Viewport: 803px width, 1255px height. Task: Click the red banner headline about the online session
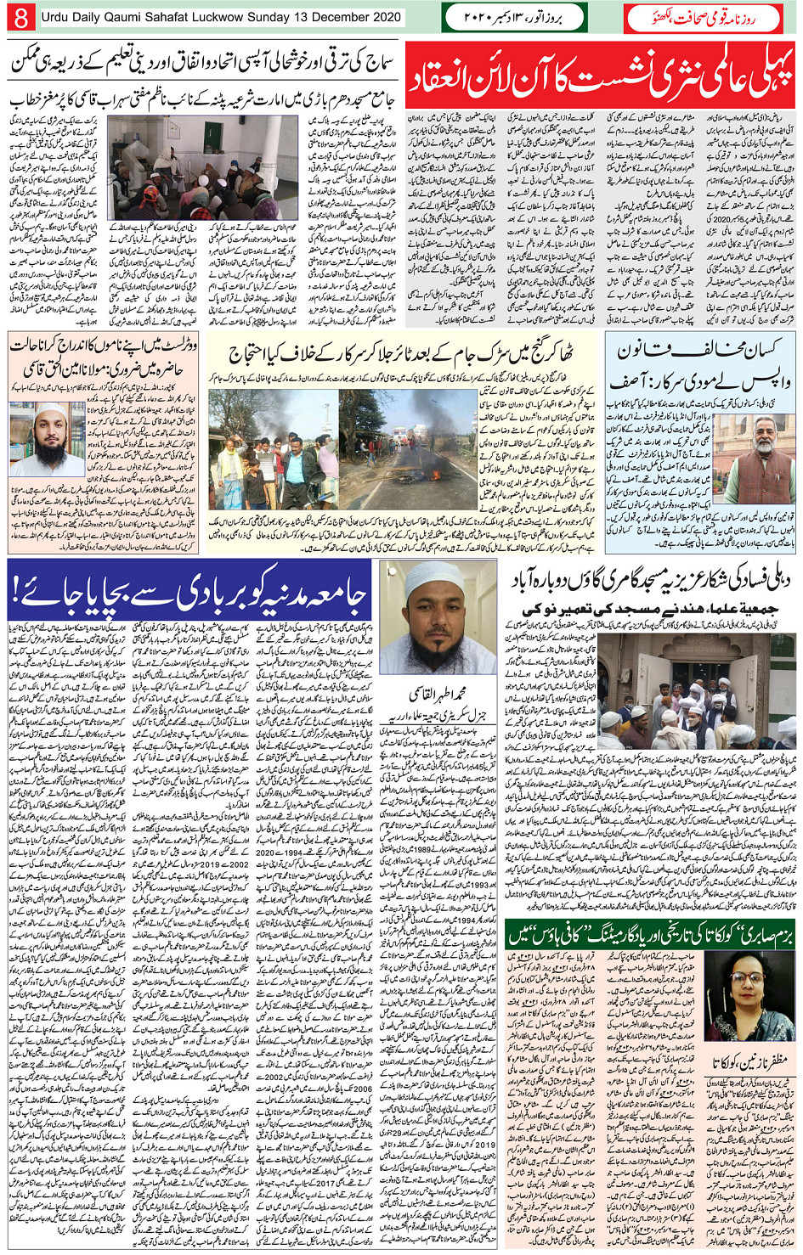pos(601,77)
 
